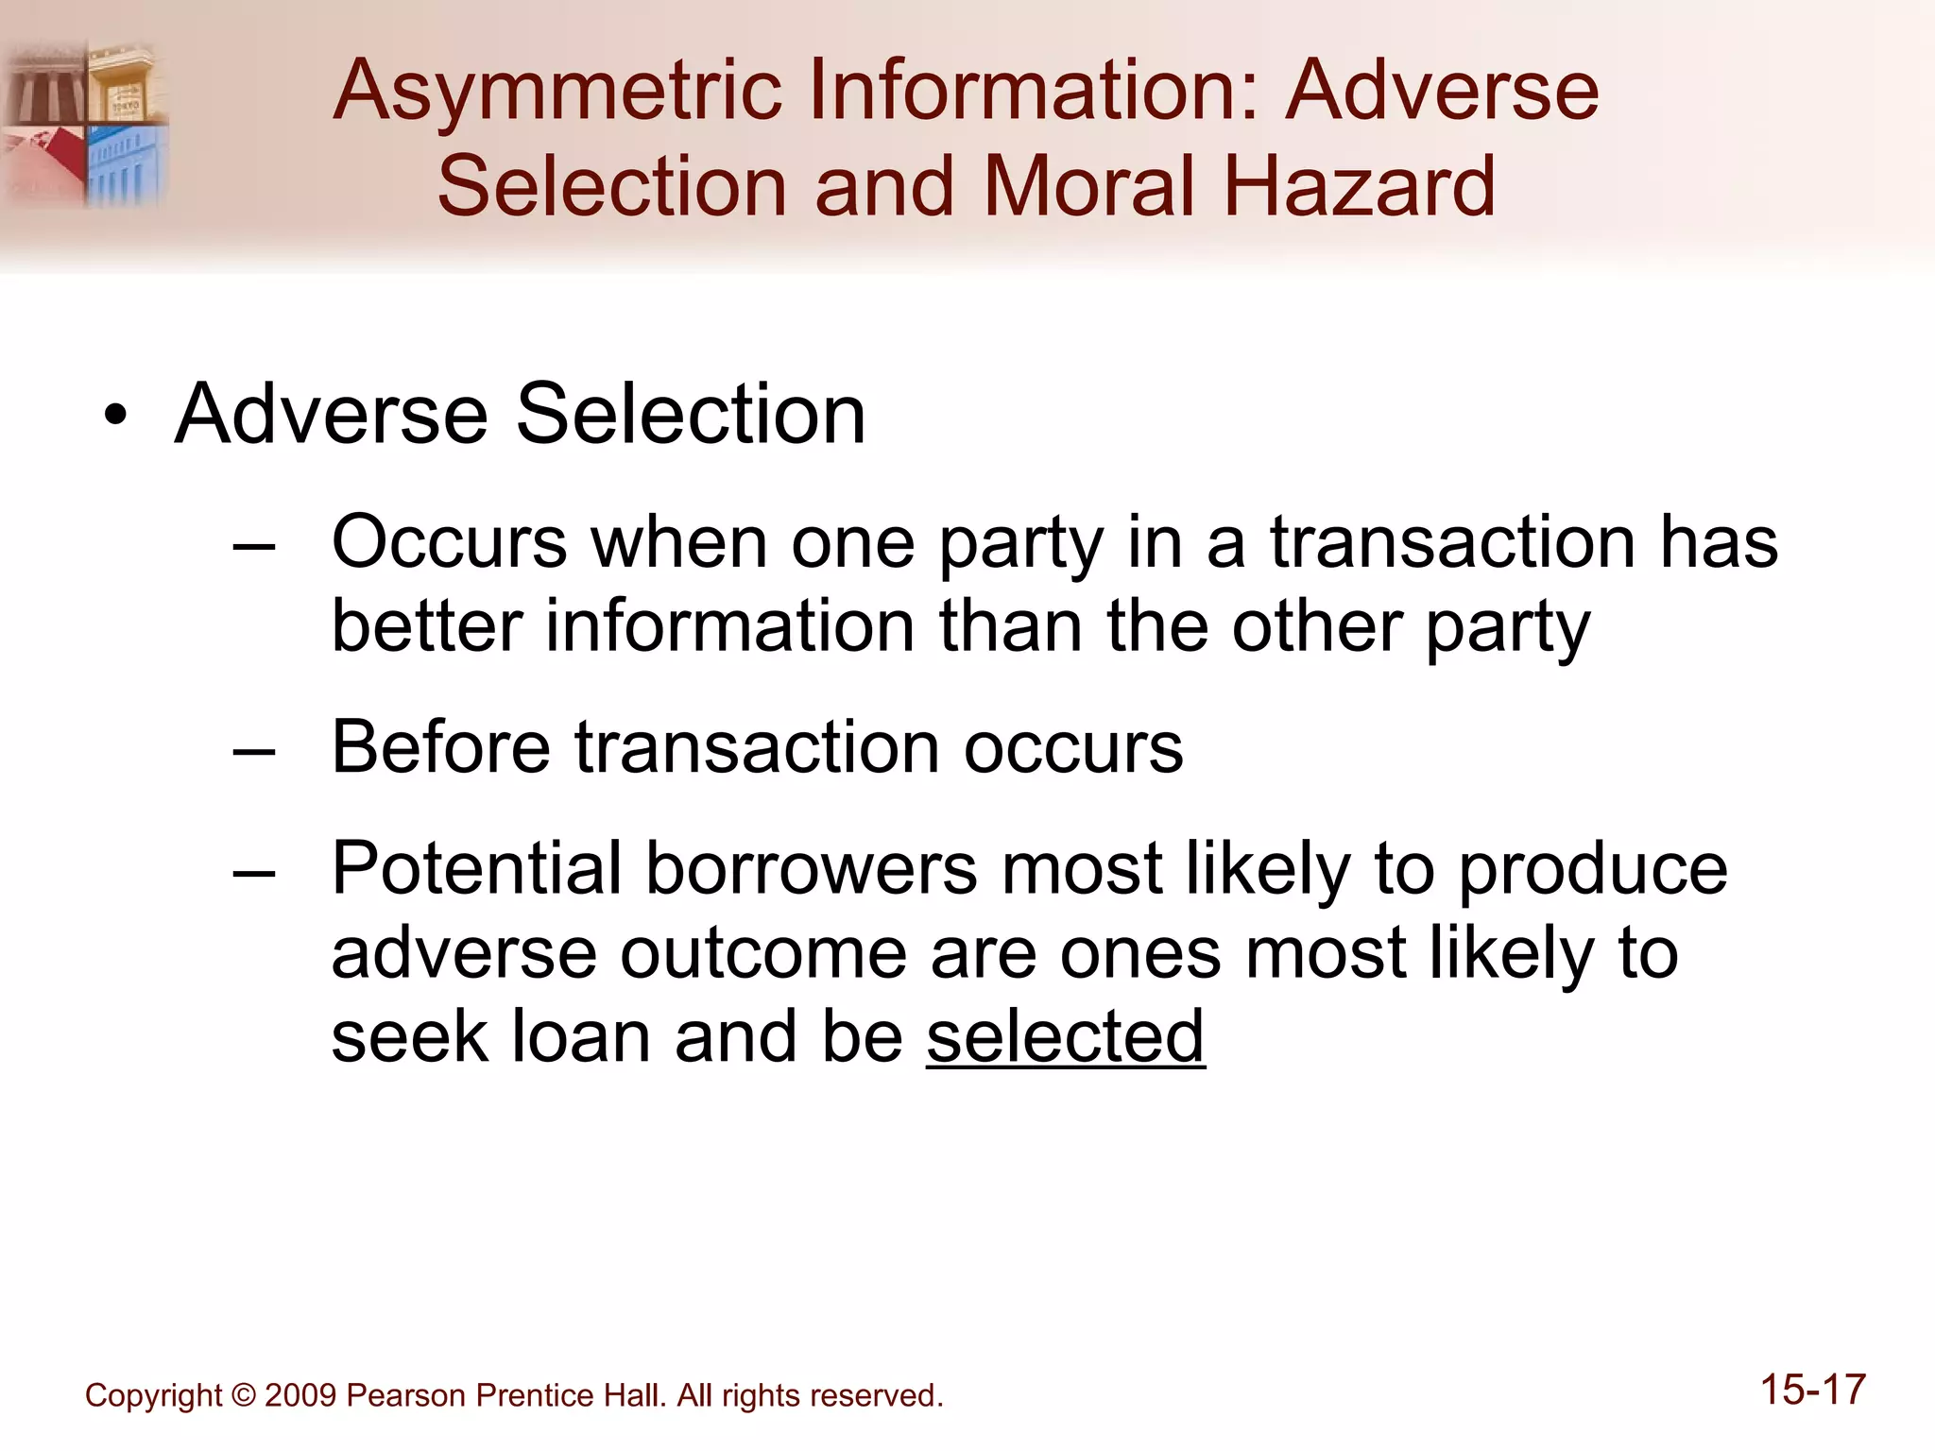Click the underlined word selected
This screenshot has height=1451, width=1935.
coord(1065,1037)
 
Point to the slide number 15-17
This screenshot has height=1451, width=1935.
coord(1812,1391)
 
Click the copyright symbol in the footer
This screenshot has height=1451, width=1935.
coord(243,1396)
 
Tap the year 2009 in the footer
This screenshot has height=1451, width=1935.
coord(300,1396)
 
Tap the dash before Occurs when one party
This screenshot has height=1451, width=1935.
coord(253,547)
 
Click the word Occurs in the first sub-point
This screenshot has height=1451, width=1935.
coord(449,543)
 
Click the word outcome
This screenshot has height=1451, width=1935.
coord(762,954)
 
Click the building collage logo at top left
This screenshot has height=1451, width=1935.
coord(85,123)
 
